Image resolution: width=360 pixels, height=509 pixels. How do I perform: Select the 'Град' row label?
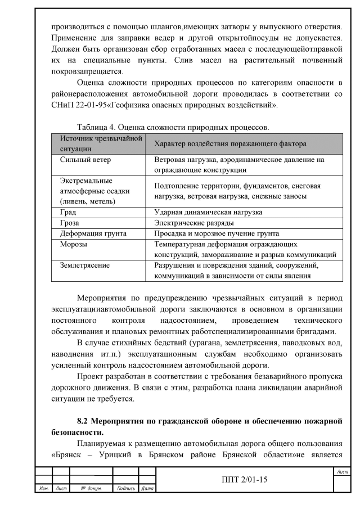[x=68, y=213]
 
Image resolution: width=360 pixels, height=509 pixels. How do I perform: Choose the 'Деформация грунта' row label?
[x=93, y=233]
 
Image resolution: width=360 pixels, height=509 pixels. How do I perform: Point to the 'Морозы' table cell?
[x=74, y=244]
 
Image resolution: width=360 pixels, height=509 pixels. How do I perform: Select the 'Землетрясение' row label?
[x=85, y=265]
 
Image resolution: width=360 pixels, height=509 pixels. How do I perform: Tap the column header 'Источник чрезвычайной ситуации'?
[x=96, y=143]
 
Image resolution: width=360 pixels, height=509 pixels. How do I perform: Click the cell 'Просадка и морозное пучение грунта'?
[x=217, y=233]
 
